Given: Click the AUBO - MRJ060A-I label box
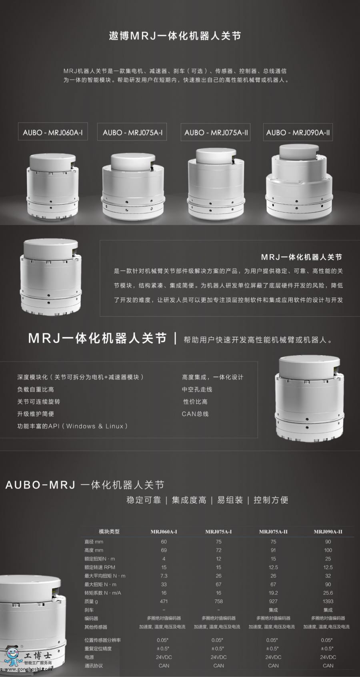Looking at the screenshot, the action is (53, 132).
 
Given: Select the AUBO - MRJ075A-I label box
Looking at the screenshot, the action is (132, 132).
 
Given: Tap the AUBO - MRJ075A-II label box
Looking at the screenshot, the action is (216, 132).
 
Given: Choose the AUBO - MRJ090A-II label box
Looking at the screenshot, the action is (298, 132).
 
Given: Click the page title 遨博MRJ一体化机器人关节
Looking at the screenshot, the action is (175, 36).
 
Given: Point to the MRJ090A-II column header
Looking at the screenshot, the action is (328, 531).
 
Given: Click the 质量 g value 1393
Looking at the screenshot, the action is (328, 601).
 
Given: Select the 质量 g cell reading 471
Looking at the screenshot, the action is (164, 601).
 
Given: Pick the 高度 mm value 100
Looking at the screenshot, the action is (328, 550).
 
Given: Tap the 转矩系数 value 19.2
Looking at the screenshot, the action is (273, 593).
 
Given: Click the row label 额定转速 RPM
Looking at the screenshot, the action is (100, 567).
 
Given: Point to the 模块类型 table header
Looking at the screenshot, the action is (109, 531).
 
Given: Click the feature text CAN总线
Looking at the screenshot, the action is (195, 414).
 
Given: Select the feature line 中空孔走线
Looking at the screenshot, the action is (197, 389).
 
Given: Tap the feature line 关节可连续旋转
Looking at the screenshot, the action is (39, 401).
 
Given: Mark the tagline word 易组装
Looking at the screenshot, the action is (230, 500).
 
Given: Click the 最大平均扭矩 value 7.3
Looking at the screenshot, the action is (164, 576).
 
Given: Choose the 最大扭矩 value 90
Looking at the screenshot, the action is (328, 585).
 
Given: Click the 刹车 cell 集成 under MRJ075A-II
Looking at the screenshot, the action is (273, 610).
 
